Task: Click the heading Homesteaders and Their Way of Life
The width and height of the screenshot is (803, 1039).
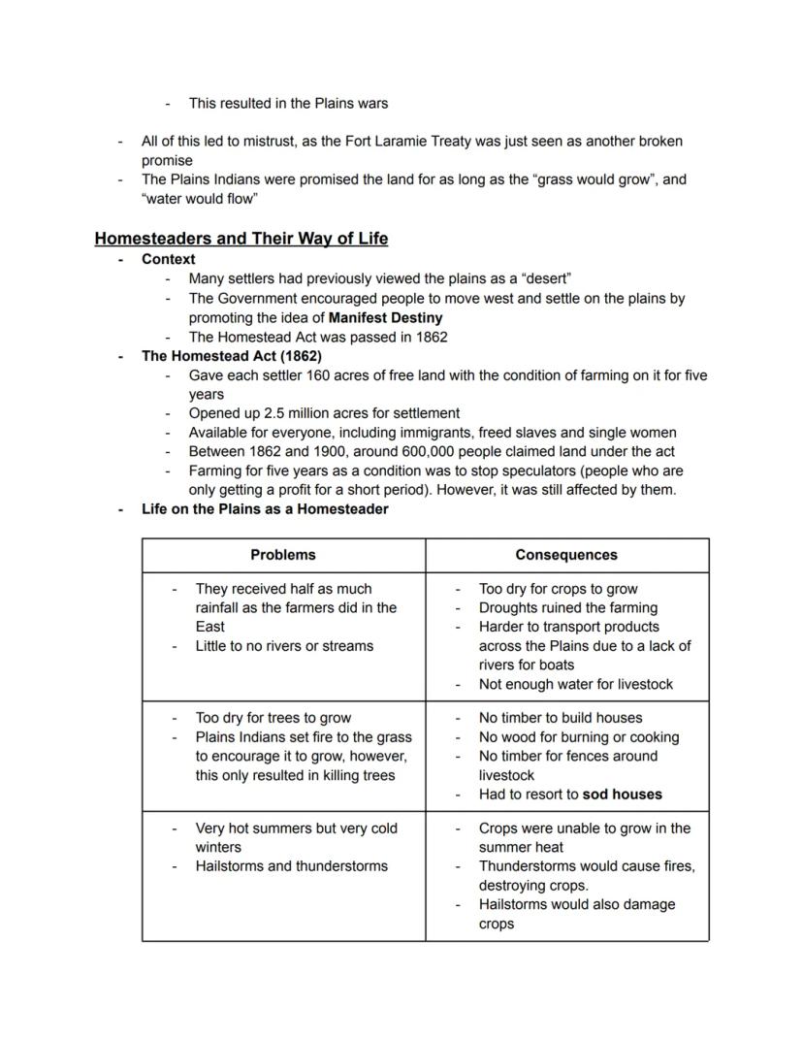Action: pos(241,239)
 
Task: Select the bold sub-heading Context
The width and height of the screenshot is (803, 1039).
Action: pos(168,259)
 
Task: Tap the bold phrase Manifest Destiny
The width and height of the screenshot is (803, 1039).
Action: pos(385,317)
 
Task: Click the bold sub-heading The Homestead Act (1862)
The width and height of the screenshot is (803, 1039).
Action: pos(232,356)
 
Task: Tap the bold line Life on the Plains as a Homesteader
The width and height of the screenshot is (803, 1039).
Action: pos(265,508)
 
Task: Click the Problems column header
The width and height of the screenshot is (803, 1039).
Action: pos(283,555)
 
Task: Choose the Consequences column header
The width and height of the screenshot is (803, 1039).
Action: pos(566,555)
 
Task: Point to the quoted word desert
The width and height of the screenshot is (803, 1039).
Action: pos(547,278)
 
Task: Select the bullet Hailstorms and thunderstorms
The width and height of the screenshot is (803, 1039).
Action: pos(291,866)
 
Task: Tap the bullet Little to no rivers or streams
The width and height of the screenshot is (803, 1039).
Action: pos(284,646)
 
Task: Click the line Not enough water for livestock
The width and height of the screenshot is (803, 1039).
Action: pos(575,684)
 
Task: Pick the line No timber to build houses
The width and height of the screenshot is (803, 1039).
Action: pos(561,718)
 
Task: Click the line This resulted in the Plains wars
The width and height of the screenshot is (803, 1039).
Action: pos(288,103)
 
